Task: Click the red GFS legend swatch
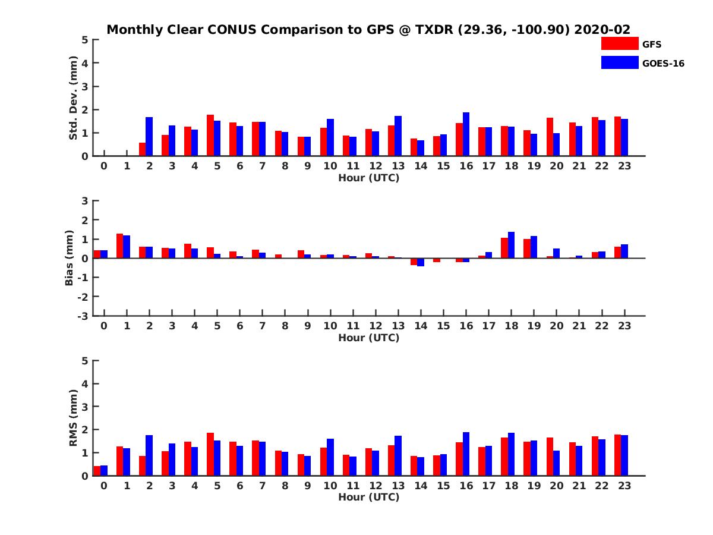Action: pyautogui.click(x=619, y=43)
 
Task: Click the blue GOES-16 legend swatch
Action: pyautogui.click(x=619, y=62)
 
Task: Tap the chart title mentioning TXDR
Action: pyautogui.click(x=368, y=29)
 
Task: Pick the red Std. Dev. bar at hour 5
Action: pyautogui.click(x=210, y=136)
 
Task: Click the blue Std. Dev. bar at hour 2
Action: pyautogui.click(x=149, y=137)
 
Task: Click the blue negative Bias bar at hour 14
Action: pyautogui.click(x=421, y=262)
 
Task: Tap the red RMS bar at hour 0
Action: pyautogui.click(x=97, y=471)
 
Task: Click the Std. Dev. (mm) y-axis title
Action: pyautogui.click(x=74, y=98)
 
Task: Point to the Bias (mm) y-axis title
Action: pyautogui.click(x=70, y=258)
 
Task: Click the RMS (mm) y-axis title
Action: pyautogui.click(x=74, y=418)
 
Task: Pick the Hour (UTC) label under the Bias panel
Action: pyautogui.click(x=368, y=338)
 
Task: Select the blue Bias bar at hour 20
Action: pyautogui.click(x=556, y=253)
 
